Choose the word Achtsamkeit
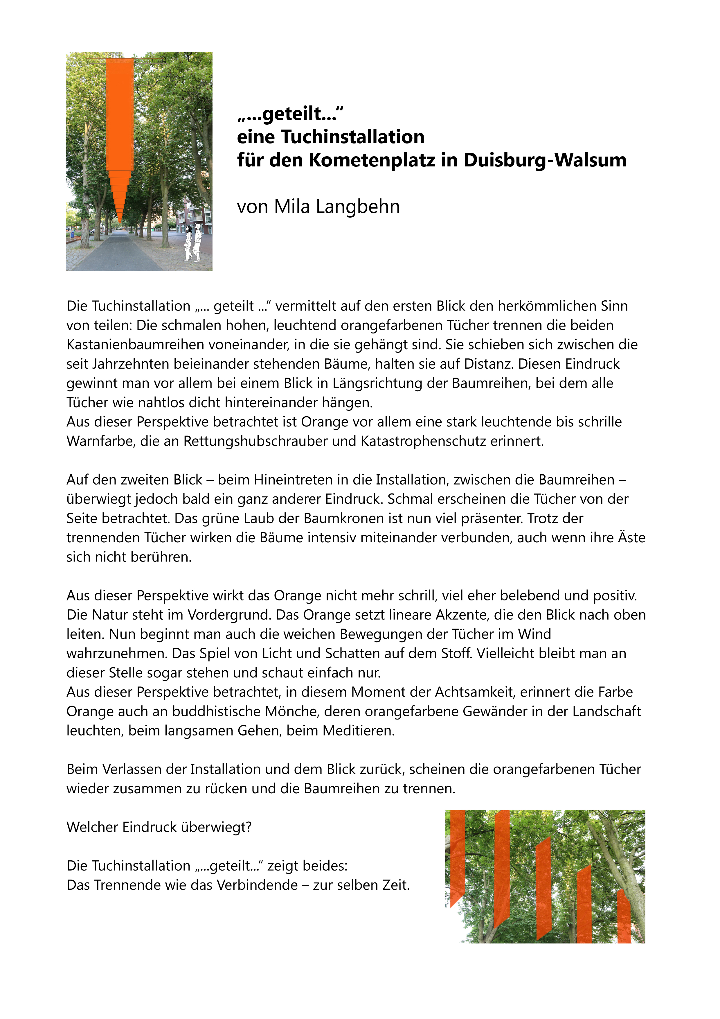click(475, 692)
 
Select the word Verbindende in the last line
click(257, 885)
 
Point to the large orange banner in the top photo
click(120, 115)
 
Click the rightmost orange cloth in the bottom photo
click(624, 916)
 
